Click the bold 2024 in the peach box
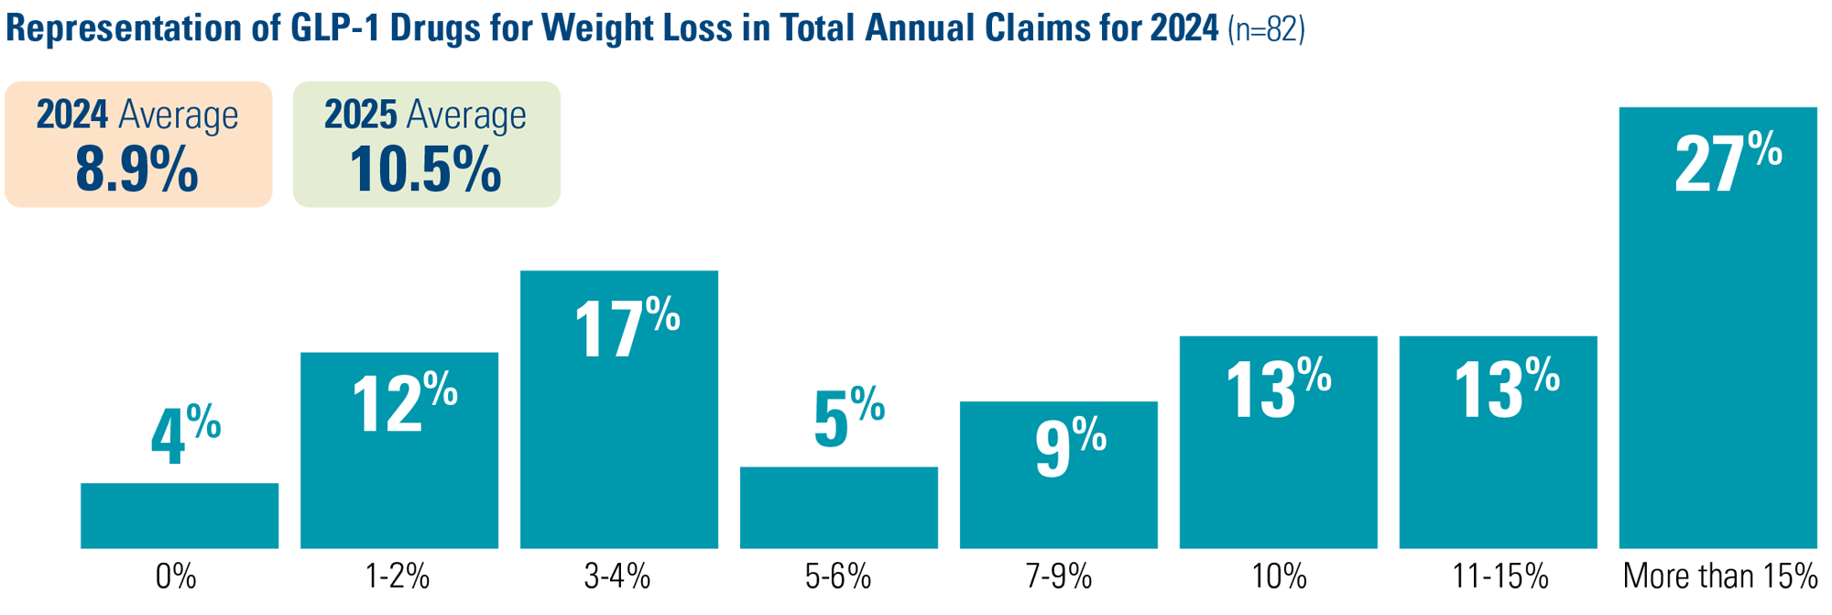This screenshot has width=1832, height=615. [x=72, y=115]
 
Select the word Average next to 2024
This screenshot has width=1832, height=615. [x=179, y=116]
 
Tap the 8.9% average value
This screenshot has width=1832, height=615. [x=136, y=170]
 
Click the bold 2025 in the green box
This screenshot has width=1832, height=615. [x=361, y=115]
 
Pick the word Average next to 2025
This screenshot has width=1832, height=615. [x=466, y=116]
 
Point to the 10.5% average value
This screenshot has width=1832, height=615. [x=425, y=170]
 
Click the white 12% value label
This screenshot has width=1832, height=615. [x=404, y=403]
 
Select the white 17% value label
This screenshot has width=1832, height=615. [x=627, y=328]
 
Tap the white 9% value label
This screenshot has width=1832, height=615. [x=1070, y=446]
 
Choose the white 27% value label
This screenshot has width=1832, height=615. [x=1728, y=163]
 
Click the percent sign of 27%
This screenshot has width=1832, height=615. [x=1764, y=148]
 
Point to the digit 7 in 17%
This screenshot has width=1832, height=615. [x=625, y=331]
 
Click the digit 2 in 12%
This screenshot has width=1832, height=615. [x=402, y=406]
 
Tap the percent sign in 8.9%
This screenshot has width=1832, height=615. [x=175, y=170]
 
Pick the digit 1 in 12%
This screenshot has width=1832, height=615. [x=365, y=406]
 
